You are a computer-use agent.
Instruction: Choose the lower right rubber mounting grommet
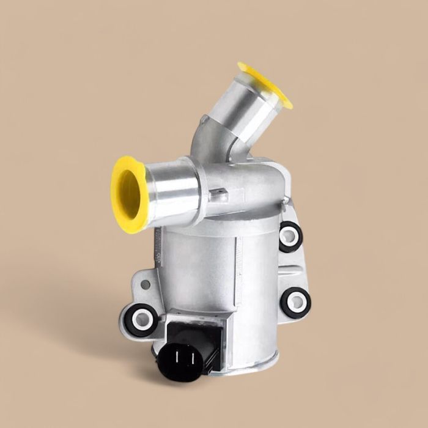pos(297,302)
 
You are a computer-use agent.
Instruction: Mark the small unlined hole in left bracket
pos(146,285)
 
